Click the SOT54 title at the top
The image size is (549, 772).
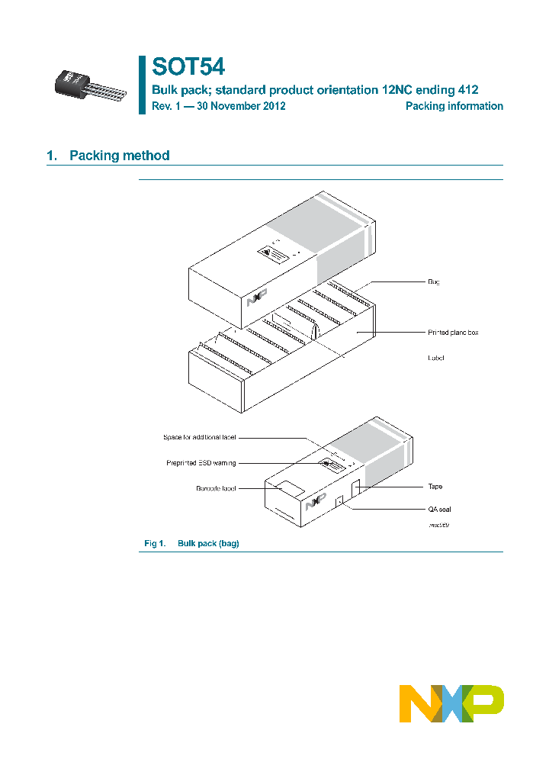pyautogui.click(x=188, y=67)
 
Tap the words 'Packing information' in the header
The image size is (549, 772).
pyautogui.click(x=454, y=106)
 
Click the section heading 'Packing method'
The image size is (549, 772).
pyautogui.click(x=119, y=156)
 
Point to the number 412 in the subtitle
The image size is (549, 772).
pyautogui.click(x=467, y=89)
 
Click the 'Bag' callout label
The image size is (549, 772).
pyautogui.click(x=434, y=281)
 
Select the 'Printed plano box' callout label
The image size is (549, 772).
pyautogui.click(x=453, y=333)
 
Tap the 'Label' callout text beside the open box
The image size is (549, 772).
pyautogui.click(x=435, y=357)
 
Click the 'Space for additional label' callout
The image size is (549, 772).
pyautogui.click(x=199, y=437)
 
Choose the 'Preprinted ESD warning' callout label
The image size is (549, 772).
pyautogui.click(x=201, y=462)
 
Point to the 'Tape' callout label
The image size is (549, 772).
pyautogui.click(x=435, y=486)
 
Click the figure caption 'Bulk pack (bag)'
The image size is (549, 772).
pyautogui.click(x=208, y=543)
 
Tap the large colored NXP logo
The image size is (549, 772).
pyautogui.click(x=451, y=703)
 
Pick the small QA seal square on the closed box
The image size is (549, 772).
pyautogui.click(x=340, y=500)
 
